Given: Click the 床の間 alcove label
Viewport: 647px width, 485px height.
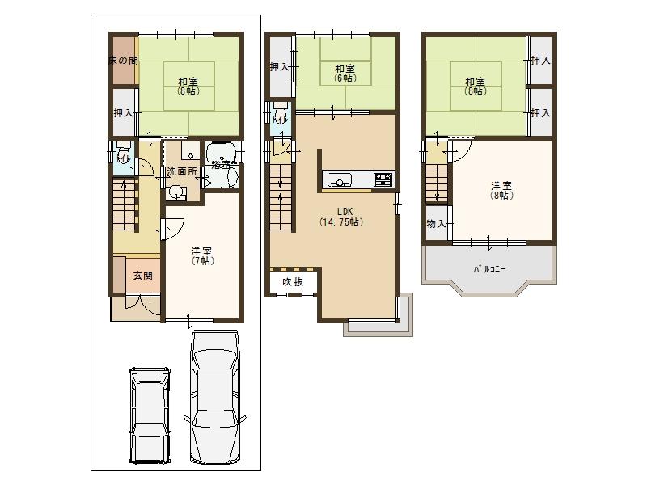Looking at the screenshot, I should coord(123,61).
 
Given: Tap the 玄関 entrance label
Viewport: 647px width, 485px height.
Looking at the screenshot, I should coord(142,276).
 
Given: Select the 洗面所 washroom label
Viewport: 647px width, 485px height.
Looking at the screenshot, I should coord(181,172).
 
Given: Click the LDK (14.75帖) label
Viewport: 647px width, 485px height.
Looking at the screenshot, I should coord(340,217).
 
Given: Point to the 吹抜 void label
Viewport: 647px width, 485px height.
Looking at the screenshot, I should coord(292,281).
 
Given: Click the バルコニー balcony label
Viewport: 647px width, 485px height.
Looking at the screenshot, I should coord(489,269).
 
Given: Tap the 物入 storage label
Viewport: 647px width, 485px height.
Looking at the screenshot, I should coord(436,223).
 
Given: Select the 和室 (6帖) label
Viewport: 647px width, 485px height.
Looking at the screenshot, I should coord(345,74).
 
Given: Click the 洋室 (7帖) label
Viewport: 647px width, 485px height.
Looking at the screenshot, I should coord(202,255).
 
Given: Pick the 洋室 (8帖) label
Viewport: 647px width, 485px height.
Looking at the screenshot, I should coord(501,190).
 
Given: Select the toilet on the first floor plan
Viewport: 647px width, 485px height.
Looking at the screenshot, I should coord(123,154).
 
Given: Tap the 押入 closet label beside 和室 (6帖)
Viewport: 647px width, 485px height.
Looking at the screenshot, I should coord(280,67).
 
